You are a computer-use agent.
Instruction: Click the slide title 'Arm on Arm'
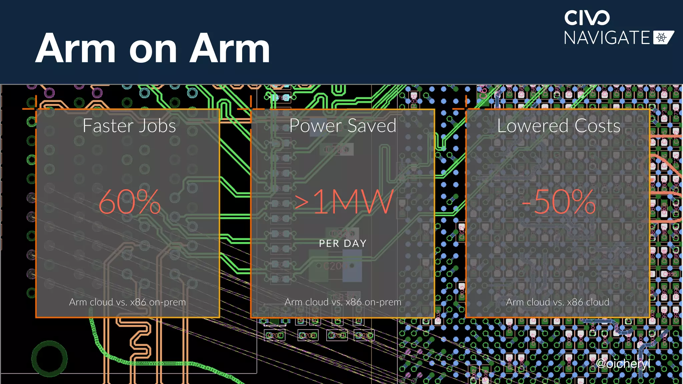152,49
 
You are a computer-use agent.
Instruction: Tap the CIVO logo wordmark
587,18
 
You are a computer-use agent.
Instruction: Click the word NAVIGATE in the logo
607,38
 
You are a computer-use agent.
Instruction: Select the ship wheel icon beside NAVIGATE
662,38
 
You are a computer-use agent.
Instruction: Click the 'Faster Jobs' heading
129,126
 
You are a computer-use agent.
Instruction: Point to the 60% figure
130,202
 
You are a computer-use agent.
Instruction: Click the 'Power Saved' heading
343,126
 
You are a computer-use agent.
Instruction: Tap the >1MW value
344,202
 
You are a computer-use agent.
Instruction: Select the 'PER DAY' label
343,244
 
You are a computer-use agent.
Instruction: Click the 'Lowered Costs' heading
559,126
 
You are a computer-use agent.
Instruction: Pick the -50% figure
559,202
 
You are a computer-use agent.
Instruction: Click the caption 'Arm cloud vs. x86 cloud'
557,302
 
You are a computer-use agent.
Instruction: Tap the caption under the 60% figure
127,302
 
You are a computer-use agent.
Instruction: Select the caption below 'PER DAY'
343,302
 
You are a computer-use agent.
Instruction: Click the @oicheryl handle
623,363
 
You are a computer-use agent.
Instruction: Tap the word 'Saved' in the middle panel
372,126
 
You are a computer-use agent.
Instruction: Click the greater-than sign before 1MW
301,202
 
